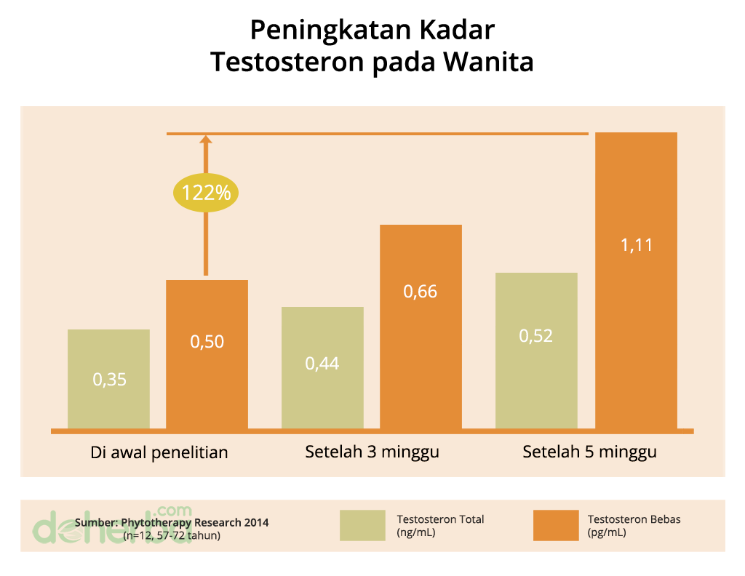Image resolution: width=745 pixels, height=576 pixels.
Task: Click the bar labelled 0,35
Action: [x=108, y=378]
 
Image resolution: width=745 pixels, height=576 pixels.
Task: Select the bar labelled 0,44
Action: [x=322, y=367]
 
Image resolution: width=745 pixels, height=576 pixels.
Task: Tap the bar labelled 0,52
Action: [x=536, y=350]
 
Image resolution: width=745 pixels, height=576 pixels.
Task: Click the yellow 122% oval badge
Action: [x=206, y=193]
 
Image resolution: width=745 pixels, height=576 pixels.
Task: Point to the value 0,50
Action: [x=207, y=341]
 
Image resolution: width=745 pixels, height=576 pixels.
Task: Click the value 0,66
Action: [x=421, y=292]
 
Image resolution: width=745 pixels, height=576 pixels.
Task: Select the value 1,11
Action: [x=637, y=245]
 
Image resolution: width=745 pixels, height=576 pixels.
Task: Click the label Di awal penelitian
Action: [x=159, y=452]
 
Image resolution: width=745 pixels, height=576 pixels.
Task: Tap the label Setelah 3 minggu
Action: [x=372, y=452]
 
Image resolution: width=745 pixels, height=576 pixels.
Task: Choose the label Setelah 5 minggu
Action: [x=589, y=452]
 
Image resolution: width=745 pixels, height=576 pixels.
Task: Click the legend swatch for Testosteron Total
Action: [x=362, y=525]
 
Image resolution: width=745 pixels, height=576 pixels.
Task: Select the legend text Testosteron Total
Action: [x=440, y=519]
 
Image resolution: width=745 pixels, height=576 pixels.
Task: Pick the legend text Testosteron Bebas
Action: [x=634, y=519]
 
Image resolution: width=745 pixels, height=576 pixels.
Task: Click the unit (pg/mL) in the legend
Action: [x=606, y=532]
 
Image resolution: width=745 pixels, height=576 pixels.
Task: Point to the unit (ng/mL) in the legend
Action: [x=416, y=532]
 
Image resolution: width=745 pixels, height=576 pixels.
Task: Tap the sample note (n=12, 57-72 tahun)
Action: [x=172, y=535]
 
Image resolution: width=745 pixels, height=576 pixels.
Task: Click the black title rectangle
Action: [x=375, y=48]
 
